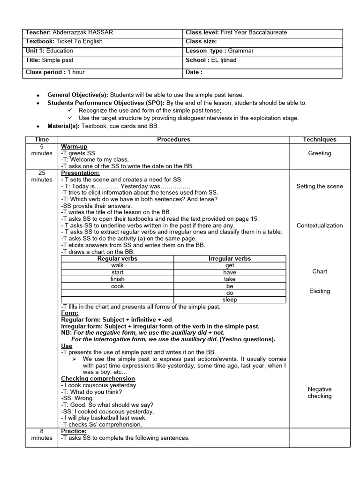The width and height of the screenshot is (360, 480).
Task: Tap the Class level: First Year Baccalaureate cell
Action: (x=236, y=32)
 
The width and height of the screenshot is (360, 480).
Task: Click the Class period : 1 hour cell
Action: (x=55, y=72)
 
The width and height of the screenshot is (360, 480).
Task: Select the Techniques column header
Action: (x=320, y=139)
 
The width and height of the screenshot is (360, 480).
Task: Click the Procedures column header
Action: (x=173, y=139)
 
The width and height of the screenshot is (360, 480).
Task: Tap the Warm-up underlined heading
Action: (x=74, y=147)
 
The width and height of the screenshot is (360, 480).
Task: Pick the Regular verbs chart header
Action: (x=117, y=258)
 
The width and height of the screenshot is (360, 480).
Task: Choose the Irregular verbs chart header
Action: (x=230, y=258)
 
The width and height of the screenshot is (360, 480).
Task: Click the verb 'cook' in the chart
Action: (x=118, y=286)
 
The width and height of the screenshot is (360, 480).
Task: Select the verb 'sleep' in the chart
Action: (x=230, y=300)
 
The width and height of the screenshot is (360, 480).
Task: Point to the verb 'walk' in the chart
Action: (x=118, y=265)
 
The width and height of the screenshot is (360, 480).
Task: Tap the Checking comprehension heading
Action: (x=98, y=378)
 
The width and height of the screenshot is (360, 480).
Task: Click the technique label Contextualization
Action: (x=320, y=225)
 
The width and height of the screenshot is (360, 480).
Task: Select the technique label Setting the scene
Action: (x=320, y=186)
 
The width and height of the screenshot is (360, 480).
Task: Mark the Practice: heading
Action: (x=74, y=431)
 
